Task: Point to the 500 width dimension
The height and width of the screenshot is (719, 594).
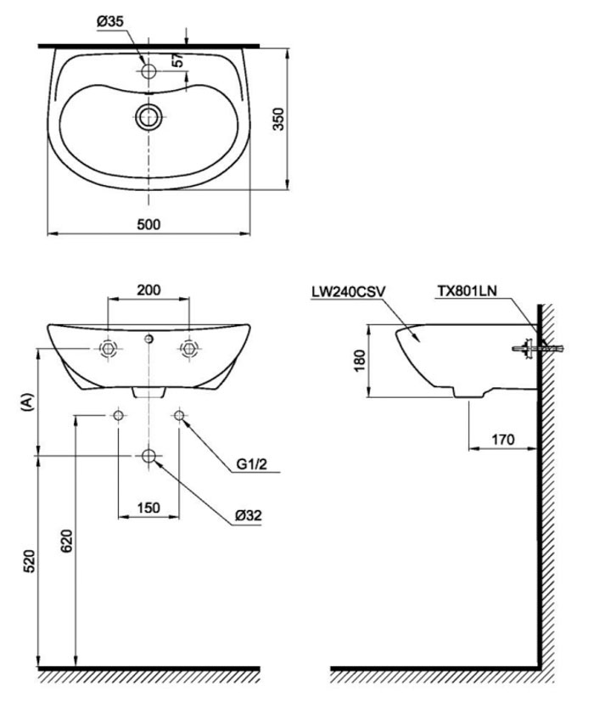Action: click(148, 223)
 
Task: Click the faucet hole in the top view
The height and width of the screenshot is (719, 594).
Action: click(148, 72)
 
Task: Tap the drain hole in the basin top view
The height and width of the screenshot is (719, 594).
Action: click(149, 116)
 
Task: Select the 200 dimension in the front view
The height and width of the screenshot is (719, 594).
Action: click(148, 289)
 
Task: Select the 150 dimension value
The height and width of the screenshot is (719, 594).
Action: click(149, 508)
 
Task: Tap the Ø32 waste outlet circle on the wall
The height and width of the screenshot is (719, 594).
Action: click(149, 457)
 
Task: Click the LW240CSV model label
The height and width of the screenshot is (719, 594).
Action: click(349, 290)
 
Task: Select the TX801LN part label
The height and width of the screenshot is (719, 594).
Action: click(467, 290)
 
